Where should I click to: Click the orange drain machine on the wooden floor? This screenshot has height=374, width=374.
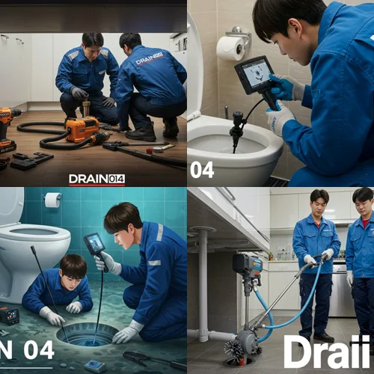pyautogui.click(x=83, y=129)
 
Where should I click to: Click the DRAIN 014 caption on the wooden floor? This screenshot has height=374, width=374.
pyautogui.click(x=96, y=179)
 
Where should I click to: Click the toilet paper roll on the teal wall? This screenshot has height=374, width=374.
pyautogui.click(x=52, y=200)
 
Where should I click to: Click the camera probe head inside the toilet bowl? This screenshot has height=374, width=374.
pyautogui.click(x=237, y=138)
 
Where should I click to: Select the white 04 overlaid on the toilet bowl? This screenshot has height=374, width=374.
pyautogui.click(x=201, y=170)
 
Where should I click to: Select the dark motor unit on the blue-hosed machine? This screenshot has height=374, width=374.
pyautogui.click(x=245, y=263)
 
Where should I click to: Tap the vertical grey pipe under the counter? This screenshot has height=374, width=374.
pyautogui.click(x=203, y=284)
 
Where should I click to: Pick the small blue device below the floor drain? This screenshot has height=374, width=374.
pyautogui.click(x=95, y=366)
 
